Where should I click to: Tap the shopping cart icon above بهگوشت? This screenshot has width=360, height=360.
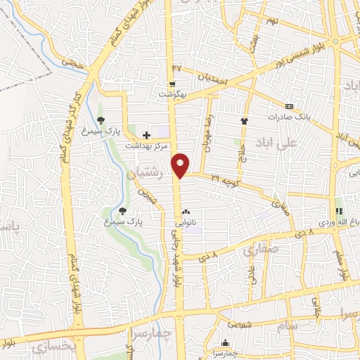click(173, 84)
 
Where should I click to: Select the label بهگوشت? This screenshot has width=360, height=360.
click(172, 94)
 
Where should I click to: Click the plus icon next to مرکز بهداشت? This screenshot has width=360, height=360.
click(146, 135)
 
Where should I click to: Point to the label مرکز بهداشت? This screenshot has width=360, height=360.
click(148, 146)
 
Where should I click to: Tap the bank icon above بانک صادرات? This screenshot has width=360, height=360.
click(290, 106)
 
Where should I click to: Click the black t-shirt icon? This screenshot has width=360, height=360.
click(245, 121)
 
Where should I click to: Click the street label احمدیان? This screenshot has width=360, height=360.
click(214, 80)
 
